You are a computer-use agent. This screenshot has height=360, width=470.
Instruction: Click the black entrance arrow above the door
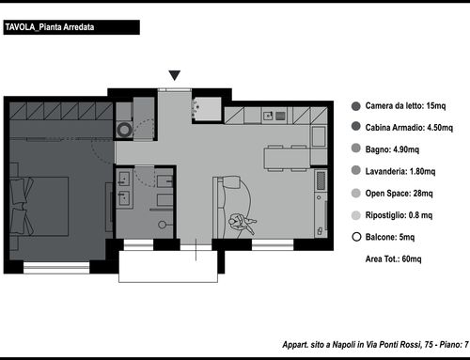(x=175, y=75)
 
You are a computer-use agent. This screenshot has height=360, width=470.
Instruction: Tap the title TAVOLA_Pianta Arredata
(x=50, y=27)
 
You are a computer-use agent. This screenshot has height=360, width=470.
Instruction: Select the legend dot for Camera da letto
(x=356, y=106)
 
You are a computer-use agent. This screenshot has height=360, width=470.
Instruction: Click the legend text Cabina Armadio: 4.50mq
(x=409, y=128)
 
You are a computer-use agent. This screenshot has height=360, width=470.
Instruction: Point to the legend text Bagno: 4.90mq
(x=392, y=149)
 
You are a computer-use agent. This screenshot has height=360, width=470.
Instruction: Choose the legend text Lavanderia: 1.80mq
(x=400, y=171)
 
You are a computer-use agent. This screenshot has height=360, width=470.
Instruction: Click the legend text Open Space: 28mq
(x=399, y=194)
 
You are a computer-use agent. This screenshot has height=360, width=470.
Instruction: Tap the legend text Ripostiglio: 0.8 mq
(x=399, y=215)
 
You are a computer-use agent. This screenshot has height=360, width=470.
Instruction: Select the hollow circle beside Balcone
(x=356, y=237)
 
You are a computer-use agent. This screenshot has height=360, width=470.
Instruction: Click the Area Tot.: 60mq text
(x=393, y=259)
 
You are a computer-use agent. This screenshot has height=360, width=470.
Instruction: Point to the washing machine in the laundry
(x=124, y=130)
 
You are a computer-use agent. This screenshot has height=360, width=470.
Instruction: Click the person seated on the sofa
(x=243, y=222)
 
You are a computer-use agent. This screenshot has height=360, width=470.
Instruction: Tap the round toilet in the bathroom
(x=163, y=225)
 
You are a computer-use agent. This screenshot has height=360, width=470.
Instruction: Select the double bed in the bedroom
(x=39, y=206)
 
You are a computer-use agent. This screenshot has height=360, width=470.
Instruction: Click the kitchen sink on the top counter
(x=268, y=116)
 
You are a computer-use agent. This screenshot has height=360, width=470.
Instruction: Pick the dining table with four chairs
(x=287, y=158)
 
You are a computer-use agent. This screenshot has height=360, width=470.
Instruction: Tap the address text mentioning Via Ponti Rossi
(x=375, y=345)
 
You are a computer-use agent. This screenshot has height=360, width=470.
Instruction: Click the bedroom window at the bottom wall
(x=56, y=268)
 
